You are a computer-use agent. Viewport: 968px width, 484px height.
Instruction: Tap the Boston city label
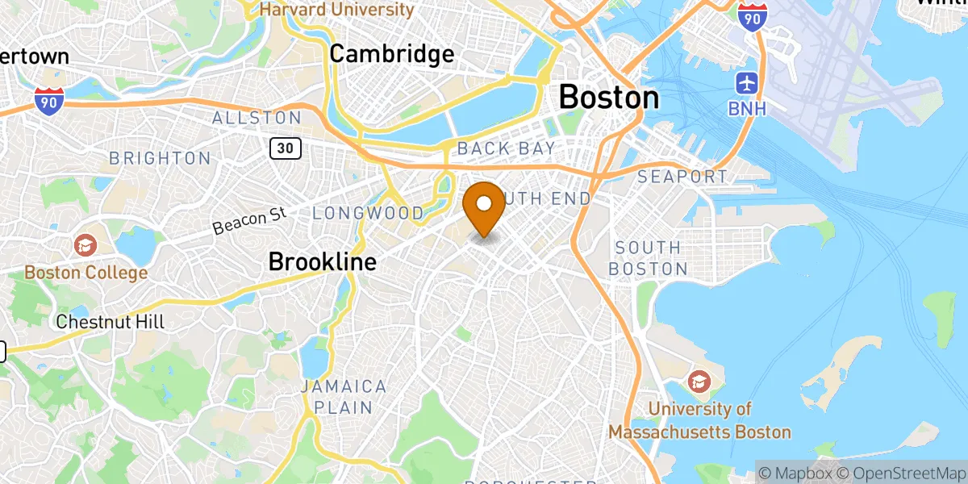[x=608, y=98]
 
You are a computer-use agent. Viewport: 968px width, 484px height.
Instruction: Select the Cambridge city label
[x=392, y=54]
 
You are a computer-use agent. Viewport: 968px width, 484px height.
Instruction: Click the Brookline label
[x=322, y=262]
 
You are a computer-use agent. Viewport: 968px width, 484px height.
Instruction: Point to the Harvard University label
[x=336, y=10]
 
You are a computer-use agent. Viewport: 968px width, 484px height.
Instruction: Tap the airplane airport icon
[x=747, y=82]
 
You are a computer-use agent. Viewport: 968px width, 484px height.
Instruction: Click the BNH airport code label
[x=748, y=107]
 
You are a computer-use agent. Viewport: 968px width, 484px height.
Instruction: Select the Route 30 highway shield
[x=286, y=148]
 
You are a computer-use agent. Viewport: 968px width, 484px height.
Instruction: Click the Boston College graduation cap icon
[x=86, y=244]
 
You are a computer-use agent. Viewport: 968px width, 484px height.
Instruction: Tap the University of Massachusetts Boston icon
[x=699, y=379]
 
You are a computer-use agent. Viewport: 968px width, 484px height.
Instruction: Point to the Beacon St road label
[x=251, y=219]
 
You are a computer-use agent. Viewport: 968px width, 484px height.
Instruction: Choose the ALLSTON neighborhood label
[x=257, y=118]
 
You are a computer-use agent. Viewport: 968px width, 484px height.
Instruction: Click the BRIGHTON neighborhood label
[x=160, y=158]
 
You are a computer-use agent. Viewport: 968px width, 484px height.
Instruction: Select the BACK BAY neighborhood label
[x=507, y=148]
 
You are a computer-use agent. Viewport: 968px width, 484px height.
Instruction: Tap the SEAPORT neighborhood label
[x=682, y=176]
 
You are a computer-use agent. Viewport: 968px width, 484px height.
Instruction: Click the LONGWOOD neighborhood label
[x=368, y=214]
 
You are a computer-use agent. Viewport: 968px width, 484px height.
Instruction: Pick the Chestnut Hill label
[x=110, y=322]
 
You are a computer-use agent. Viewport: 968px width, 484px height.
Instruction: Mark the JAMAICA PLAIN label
[x=344, y=397]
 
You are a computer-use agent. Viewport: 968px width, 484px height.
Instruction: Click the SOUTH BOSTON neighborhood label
[x=648, y=258]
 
